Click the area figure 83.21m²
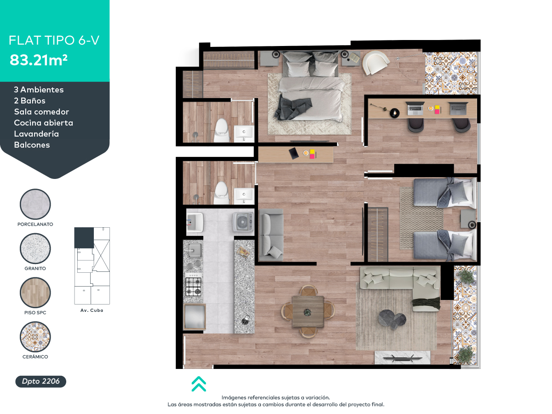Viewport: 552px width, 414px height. pyautogui.click(x=39, y=60)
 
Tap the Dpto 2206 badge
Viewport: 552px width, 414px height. pyautogui.click(x=41, y=381)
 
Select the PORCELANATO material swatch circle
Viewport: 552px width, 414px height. pyautogui.click(x=35, y=204)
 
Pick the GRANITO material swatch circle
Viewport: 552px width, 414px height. pyautogui.click(x=35, y=248)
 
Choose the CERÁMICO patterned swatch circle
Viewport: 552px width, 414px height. pyautogui.click(x=35, y=337)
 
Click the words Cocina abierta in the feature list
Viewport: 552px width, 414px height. pyautogui.click(x=44, y=123)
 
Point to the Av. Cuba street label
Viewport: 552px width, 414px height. pyautogui.click(x=92, y=310)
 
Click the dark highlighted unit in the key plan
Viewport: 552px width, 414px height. pyautogui.click(x=84, y=238)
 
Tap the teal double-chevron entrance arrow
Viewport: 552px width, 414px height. pyautogui.click(x=199, y=384)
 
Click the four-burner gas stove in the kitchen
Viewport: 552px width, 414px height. pyautogui.click(x=193, y=287)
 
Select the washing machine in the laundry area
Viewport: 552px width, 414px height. pyautogui.click(x=243, y=221)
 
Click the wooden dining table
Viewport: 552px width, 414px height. pyautogui.click(x=308, y=312)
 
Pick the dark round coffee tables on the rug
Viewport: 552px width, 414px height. pyautogui.click(x=392, y=319)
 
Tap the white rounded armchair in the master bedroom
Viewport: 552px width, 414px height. pyautogui.click(x=375, y=63)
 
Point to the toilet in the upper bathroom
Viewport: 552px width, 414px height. pyautogui.click(x=222, y=130)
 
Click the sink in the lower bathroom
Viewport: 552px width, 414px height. pyautogui.click(x=244, y=195)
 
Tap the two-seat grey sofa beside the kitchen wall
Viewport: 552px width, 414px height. pyautogui.click(x=271, y=235)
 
